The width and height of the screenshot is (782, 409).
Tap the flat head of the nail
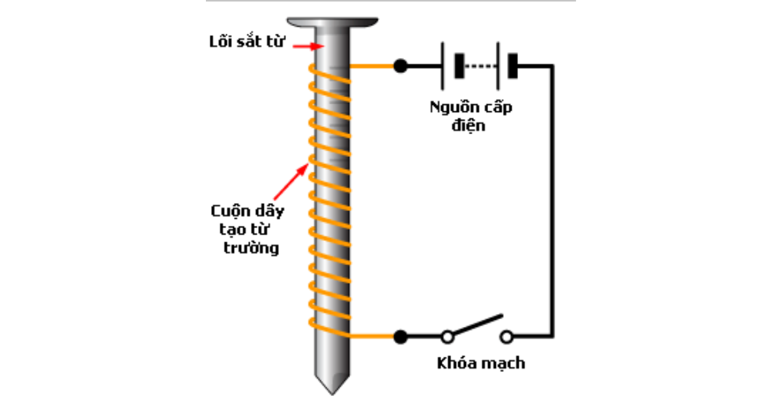tap(333, 23)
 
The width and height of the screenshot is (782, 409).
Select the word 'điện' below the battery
tap(469, 125)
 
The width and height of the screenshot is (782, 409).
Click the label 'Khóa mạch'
tap(481, 363)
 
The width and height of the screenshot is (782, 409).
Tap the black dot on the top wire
tap(400, 66)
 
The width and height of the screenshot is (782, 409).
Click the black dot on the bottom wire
tap(400, 337)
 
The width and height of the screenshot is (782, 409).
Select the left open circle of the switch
tap(448, 337)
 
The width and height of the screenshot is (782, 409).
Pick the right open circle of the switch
tap(507, 337)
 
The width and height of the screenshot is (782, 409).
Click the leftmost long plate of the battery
tap(442, 66)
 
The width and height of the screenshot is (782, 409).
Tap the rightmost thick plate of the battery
tap(512, 66)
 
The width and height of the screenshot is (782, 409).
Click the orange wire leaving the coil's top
tap(373, 66)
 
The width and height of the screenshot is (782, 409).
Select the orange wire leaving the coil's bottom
tap(373, 337)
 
